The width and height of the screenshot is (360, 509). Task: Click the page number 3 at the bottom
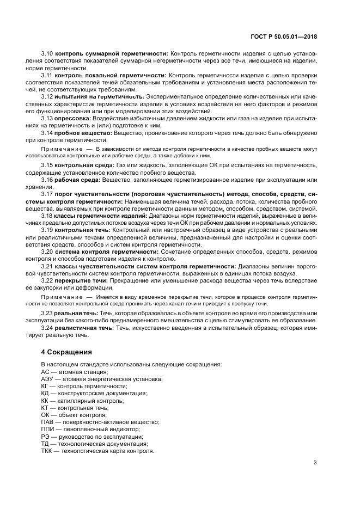pyautogui.click(x=315, y=463)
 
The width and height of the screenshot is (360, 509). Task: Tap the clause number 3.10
pyautogui.click(x=47, y=54)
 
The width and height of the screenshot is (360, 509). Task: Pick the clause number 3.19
pyautogui.click(x=47, y=230)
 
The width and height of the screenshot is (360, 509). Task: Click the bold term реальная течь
pyautogui.click(x=77, y=314)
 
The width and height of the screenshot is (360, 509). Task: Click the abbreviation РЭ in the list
pyautogui.click(x=45, y=436)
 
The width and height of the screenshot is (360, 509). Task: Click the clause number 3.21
pyautogui.click(x=47, y=266)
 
